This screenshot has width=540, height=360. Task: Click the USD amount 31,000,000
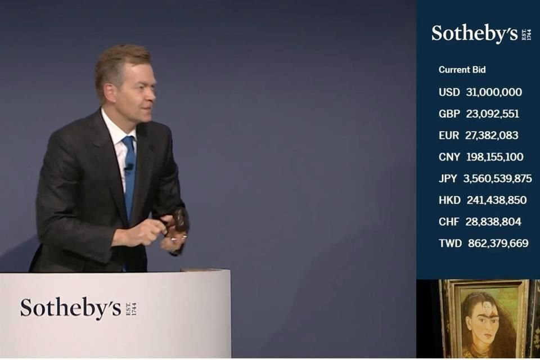click(494, 92)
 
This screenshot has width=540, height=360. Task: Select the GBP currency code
click(449, 114)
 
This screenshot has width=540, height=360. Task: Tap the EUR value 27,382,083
click(492, 136)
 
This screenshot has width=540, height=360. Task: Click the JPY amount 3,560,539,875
click(497, 179)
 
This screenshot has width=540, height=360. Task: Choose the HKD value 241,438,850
click(496, 200)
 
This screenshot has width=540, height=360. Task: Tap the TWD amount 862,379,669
click(498, 244)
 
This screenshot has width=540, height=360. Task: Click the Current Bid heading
click(462, 70)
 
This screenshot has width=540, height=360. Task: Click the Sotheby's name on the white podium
click(71, 308)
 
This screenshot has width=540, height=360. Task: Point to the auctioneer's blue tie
click(129, 174)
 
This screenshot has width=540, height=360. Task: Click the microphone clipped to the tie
click(129, 167)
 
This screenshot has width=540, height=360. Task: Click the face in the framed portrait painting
click(484, 321)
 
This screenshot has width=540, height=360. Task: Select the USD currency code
click(449, 92)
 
